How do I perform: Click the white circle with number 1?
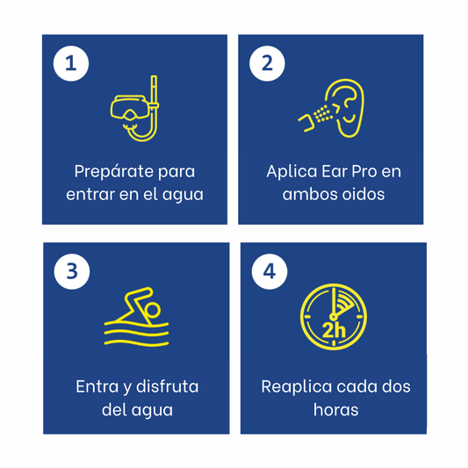71,63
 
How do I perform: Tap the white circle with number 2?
267,63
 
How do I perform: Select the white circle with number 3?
72,271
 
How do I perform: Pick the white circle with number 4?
270,271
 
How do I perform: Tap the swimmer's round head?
153,311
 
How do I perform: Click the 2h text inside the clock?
334,331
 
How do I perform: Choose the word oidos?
364,194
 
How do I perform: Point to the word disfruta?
168,386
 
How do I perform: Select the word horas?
335,409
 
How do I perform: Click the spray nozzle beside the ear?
306,123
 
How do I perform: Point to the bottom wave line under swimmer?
136,343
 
